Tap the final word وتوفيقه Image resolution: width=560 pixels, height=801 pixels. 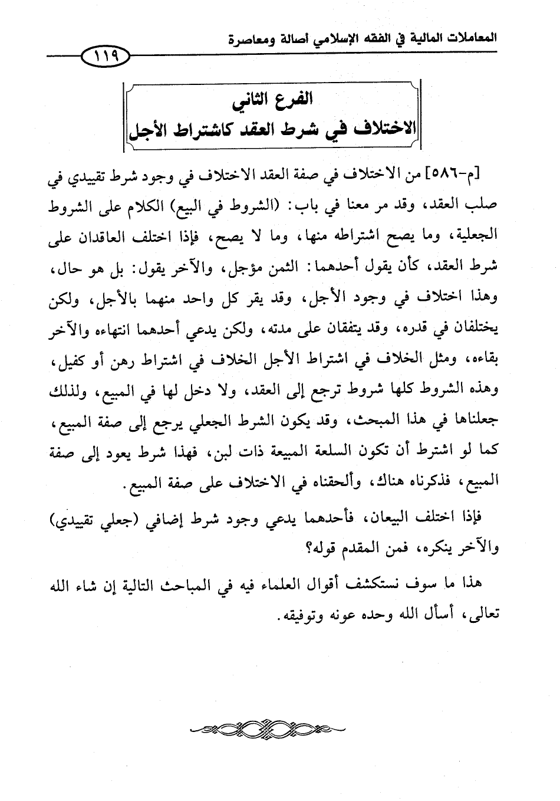pos(288,613)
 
